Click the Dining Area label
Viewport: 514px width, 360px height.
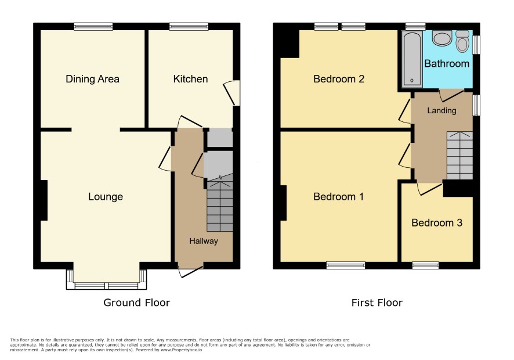coord(92,79)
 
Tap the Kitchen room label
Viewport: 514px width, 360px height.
coord(190,79)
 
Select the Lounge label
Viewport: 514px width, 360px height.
coord(106,197)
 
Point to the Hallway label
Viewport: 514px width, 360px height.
coord(204,241)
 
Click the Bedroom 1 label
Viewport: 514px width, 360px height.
coord(339,197)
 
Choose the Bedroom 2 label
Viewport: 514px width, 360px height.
coord(339,79)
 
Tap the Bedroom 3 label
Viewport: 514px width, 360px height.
coord(437,223)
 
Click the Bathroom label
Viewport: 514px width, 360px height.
coord(447,63)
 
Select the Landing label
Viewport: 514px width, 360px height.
coord(441,110)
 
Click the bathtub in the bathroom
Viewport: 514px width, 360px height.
coord(412,59)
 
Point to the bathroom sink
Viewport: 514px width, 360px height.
coord(442,38)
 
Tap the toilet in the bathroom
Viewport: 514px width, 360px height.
coord(462,41)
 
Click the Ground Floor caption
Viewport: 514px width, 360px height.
coord(137,303)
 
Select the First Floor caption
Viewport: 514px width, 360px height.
coord(377,303)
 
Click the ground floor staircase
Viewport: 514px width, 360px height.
coord(220,203)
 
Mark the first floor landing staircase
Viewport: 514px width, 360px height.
coord(460,156)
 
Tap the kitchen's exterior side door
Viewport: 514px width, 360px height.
coord(233,93)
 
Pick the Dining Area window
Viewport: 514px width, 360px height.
coord(93,27)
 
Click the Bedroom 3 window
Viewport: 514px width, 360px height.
coord(425,265)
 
